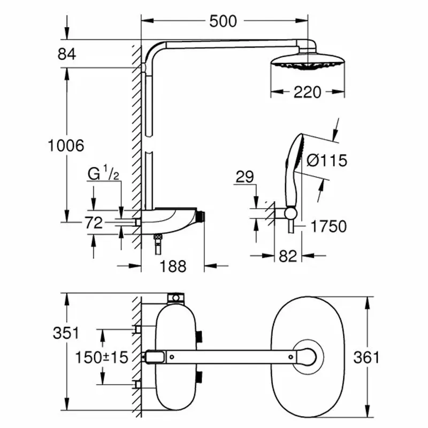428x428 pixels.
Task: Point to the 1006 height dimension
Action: point(66,145)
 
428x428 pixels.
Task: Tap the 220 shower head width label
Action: point(308,92)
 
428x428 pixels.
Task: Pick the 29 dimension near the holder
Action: point(244,178)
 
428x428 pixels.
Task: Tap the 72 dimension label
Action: point(94,223)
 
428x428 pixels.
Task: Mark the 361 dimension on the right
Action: point(365,357)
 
